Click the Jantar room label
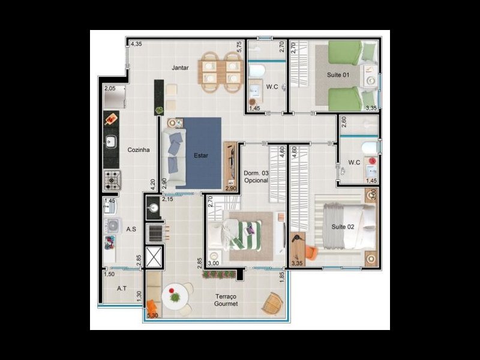(x=180, y=68)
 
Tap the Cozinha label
(x=138, y=150)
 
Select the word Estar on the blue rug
(x=200, y=155)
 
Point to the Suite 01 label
(x=338, y=75)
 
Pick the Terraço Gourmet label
(x=226, y=301)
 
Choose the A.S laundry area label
(x=131, y=229)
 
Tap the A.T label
(x=122, y=289)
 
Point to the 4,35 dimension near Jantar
(x=136, y=44)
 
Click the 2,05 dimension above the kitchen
(x=110, y=89)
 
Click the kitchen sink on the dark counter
(x=111, y=142)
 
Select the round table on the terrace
(x=175, y=297)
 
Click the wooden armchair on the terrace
(x=272, y=303)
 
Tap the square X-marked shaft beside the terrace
(x=155, y=256)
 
